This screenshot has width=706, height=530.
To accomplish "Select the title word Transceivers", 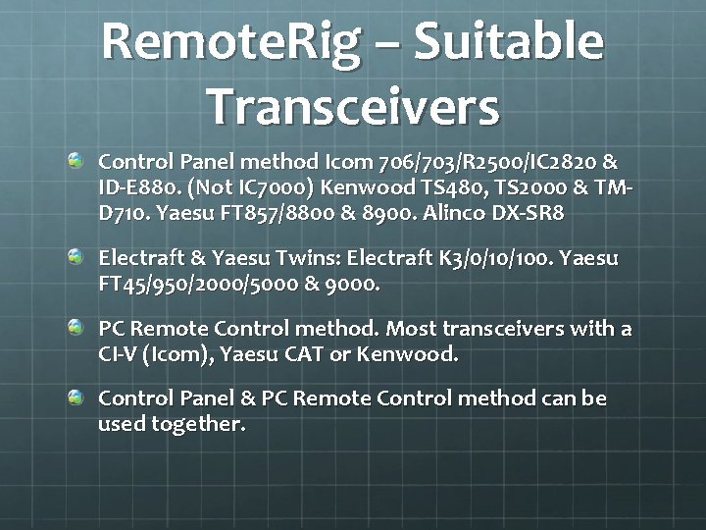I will coord(353,106).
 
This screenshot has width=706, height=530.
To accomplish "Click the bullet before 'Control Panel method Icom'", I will coord(76,159).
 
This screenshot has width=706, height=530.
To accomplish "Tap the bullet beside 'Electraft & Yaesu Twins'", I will coord(76,257).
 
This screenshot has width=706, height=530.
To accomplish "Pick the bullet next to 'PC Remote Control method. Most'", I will coord(76,327).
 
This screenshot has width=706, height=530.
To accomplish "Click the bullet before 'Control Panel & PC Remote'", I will coord(76,397).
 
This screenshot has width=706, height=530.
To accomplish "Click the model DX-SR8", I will coord(534,212).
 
